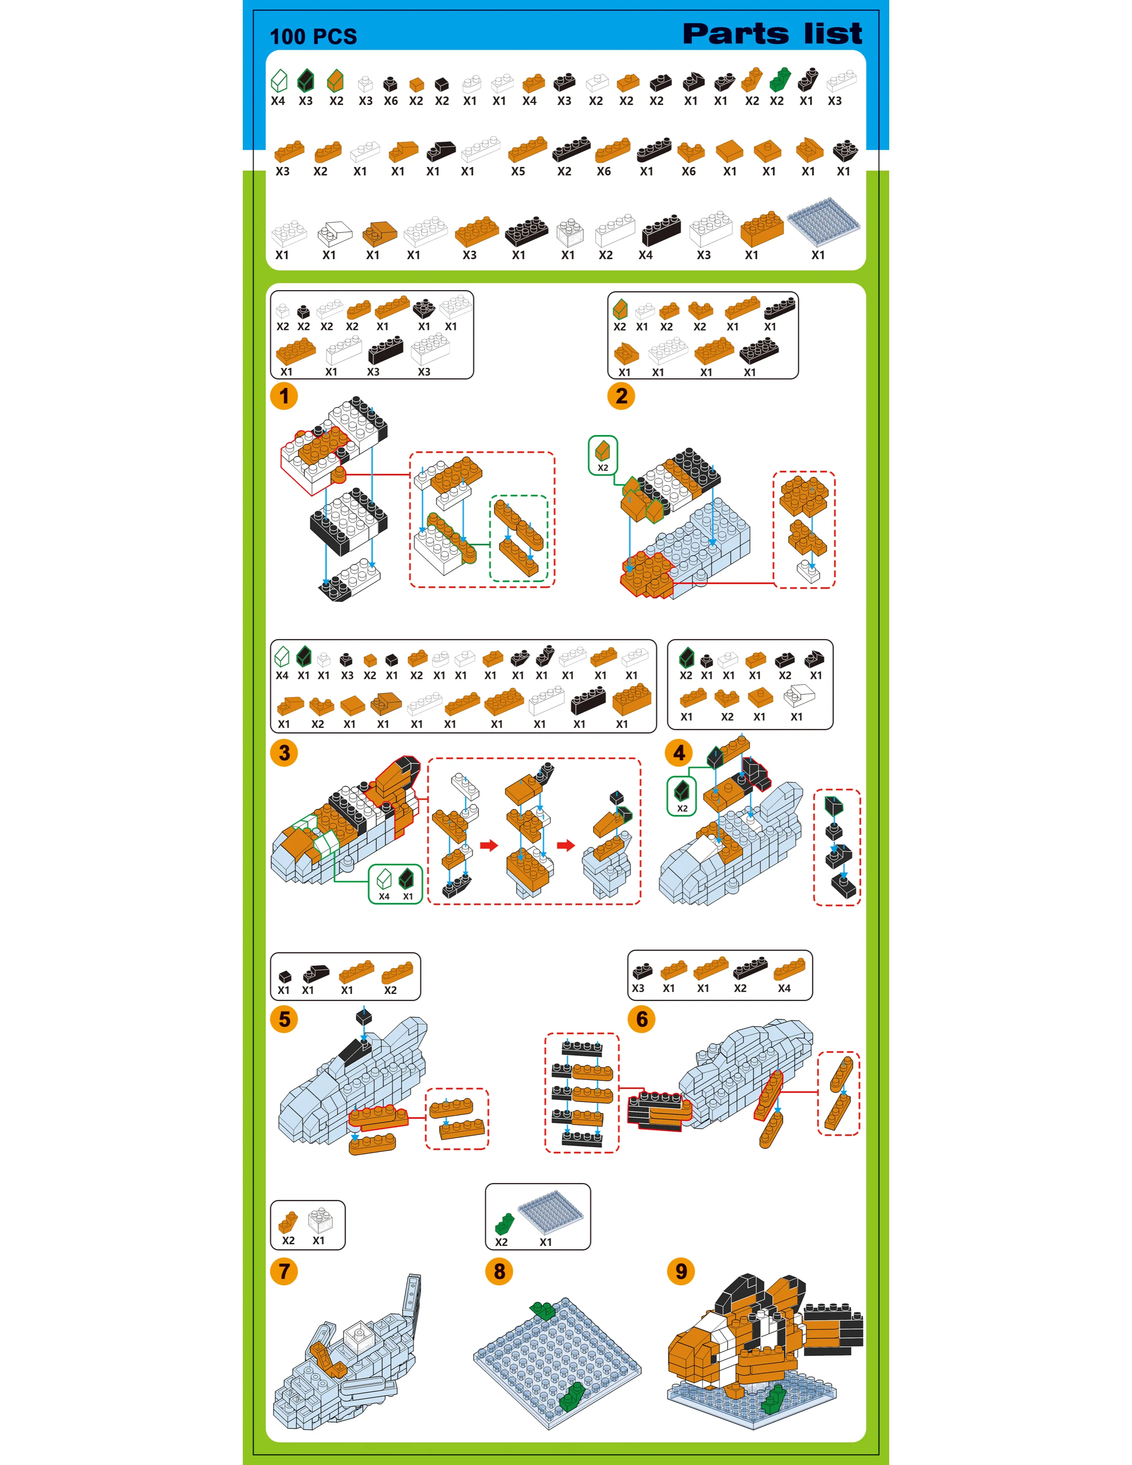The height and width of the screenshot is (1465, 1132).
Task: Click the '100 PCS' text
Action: tap(313, 36)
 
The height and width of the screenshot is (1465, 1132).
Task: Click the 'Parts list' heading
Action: tap(772, 34)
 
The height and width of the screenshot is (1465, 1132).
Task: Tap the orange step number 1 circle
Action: tap(285, 396)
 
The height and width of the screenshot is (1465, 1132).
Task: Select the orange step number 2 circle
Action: tap(621, 396)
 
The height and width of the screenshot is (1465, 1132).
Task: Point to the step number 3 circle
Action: tap(285, 752)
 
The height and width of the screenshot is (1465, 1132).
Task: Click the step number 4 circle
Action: tap(679, 752)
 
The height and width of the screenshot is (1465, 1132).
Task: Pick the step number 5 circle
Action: tap(285, 1019)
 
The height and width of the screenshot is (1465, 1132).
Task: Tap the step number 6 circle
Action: tap(642, 1019)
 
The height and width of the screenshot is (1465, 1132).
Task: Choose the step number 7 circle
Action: tap(285, 1271)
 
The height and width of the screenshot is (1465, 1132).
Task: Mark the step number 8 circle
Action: tap(499, 1271)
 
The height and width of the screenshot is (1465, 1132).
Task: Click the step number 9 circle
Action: tap(681, 1271)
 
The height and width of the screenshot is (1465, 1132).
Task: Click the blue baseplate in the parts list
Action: tap(824, 220)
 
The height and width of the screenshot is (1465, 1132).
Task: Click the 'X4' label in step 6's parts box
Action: tap(784, 989)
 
